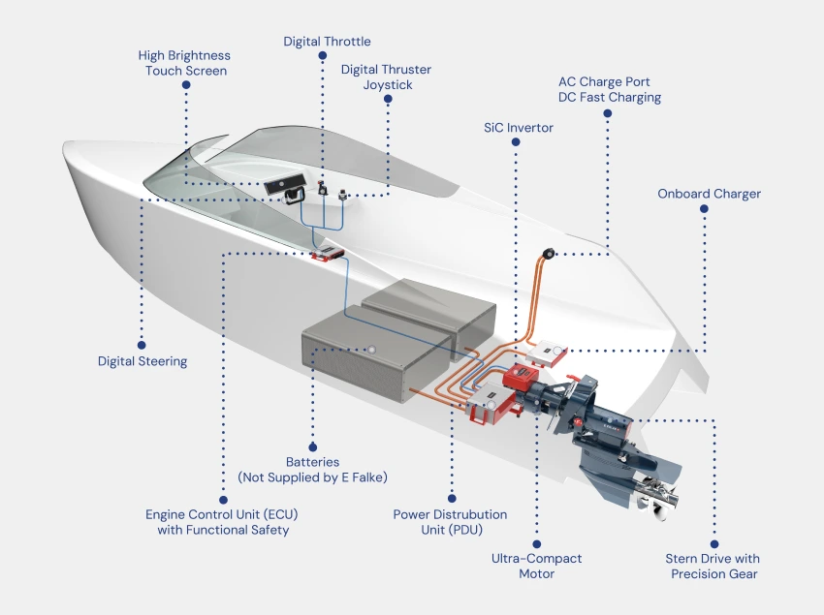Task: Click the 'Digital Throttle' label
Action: click(327, 42)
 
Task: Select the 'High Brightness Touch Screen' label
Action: click(184, 63)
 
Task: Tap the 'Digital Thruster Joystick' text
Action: click(386, 77)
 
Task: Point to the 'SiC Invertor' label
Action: click(519, 128)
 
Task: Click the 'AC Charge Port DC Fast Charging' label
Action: click(609, 89)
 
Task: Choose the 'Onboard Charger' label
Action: click(709, 194)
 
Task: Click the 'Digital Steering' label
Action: click(143, 361)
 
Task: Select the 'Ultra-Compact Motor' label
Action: click(536, 567)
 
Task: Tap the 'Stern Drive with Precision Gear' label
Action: click(713, 567)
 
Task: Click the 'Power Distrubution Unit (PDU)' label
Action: click(450, 522)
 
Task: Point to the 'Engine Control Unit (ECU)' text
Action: click(216, 514)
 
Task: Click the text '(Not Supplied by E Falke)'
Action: click(312, 477)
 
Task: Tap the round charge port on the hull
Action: click(549, 254)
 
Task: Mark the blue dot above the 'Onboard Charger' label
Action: click(704, 209)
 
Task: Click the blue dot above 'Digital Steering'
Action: click(143, 343)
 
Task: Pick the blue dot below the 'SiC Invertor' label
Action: click(518, 143)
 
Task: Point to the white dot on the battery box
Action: click(371, 351)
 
